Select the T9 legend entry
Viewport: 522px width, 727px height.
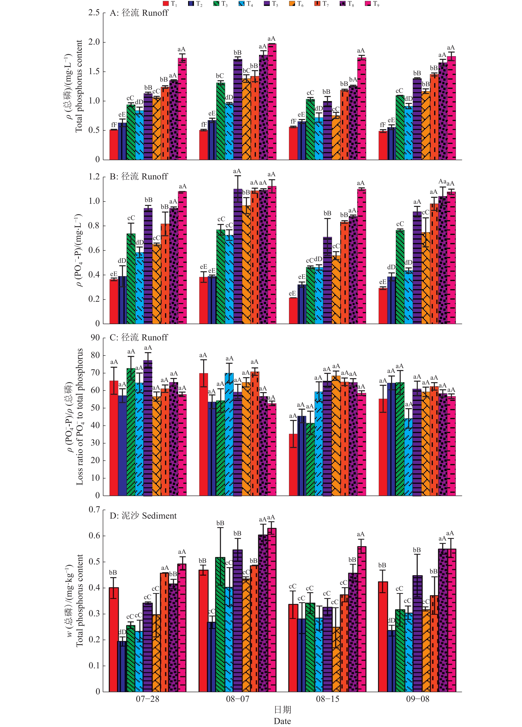pos(372,4)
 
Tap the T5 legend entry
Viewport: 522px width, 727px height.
pos(271,4)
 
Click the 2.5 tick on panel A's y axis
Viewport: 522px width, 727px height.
pos(94,13)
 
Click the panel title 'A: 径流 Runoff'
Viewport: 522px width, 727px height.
pos(139,13)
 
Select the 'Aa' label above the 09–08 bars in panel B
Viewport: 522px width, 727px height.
pos(442,182)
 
